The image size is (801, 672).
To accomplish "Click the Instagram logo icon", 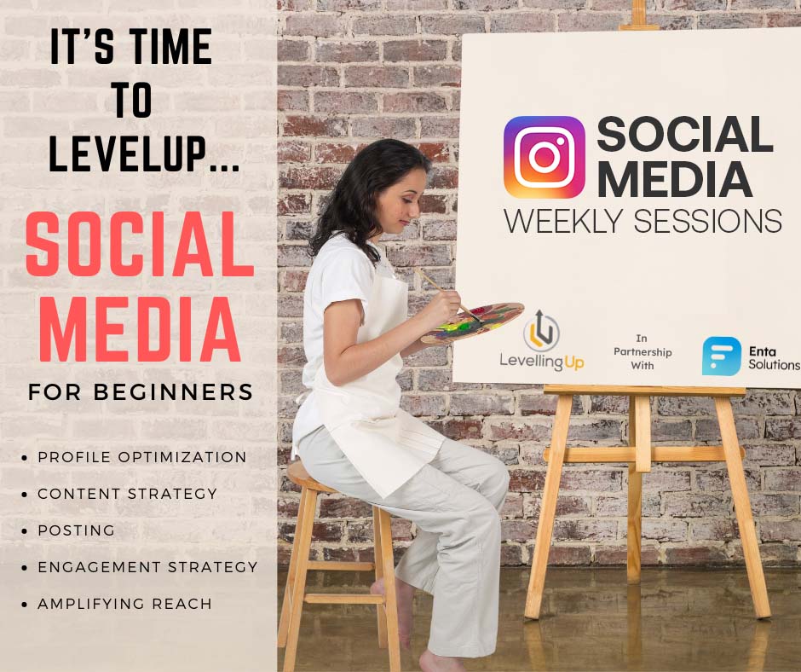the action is click(544, 157).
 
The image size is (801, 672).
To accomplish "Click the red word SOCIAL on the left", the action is click(140, 245).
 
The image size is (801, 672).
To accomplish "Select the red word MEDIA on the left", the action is click(140, 329).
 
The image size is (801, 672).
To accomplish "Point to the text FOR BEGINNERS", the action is click(141, 392).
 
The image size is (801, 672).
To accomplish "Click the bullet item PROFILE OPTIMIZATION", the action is click(142, 457).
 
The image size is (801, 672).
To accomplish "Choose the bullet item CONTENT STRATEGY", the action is click(127, 494).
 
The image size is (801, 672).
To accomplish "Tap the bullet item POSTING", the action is click(76, 530).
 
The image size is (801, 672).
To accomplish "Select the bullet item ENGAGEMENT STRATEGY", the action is click(147, 566).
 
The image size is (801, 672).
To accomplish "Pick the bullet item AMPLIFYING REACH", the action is click(124, 604).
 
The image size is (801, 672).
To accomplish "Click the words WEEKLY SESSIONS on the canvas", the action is click(643, 222).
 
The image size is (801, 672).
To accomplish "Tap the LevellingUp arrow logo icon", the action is click(541, 331).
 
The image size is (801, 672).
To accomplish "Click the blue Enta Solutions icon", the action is click(721, 356).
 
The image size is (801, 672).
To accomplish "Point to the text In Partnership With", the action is click(643, 352).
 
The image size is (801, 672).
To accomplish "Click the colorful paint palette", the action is click(473, 322).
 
